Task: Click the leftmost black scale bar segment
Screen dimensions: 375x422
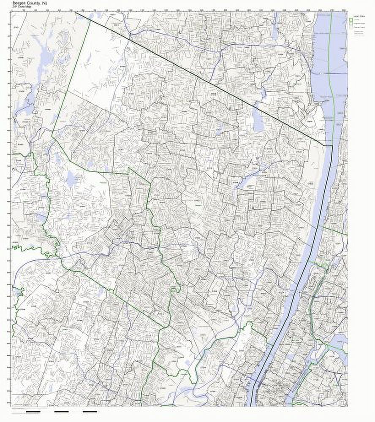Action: point(33,411)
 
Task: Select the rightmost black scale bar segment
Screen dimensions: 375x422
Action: point(90,411)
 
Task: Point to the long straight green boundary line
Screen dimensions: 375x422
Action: point(72,76)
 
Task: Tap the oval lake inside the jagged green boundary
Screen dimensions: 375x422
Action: point(71,179)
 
